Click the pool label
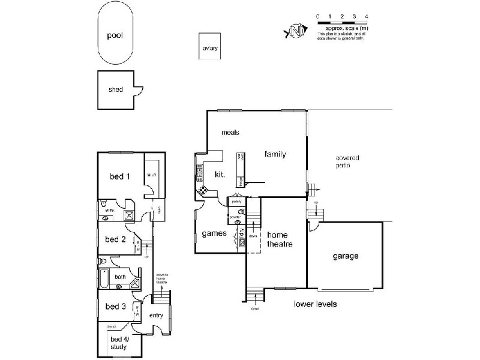click(x=115, y=35)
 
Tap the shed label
click(x=116, y=89)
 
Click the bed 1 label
click(x=119, y=176)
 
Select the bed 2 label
click(x=115, y=239)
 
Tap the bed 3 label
click(x=115, y=307)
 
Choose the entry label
click(x=156, y=316)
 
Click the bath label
click(x=121, y=277)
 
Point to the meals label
click(x=230, y=133)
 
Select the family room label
click(x=275, y=154)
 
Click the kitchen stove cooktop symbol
click(x=203, y=190)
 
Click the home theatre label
click(x=279, y=239)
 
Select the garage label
click(x=346, y=256)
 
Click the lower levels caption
click(x=315, y=304)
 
